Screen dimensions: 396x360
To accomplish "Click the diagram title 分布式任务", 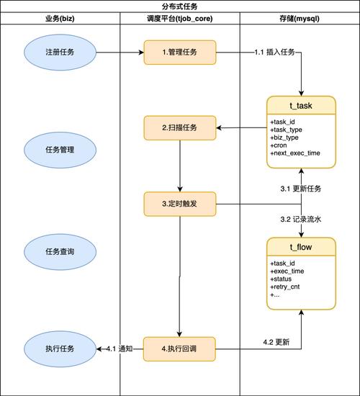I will (x=179, y=6).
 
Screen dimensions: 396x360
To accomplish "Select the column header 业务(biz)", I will (x=60, y=17).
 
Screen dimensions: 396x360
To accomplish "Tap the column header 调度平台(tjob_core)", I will (x=179, y=17).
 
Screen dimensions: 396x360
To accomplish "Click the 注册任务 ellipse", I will (x=60, y=53).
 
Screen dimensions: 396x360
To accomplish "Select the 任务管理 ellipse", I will (x=60, y=150).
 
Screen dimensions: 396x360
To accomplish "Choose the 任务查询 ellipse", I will (x=60, y=252).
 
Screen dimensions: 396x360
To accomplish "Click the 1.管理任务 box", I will (x=179, y=53).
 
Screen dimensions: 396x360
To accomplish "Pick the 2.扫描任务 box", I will (x=179, y=128).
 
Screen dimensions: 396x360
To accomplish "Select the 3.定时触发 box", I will (x=179, y=204).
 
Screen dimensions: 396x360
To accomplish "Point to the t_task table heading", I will (x=301, y=106).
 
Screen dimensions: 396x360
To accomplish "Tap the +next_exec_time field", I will (x=294, y=153).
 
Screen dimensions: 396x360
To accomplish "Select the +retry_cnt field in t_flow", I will (x=287, y=287).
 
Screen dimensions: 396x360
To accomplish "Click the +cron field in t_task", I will (x=279, y=145).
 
